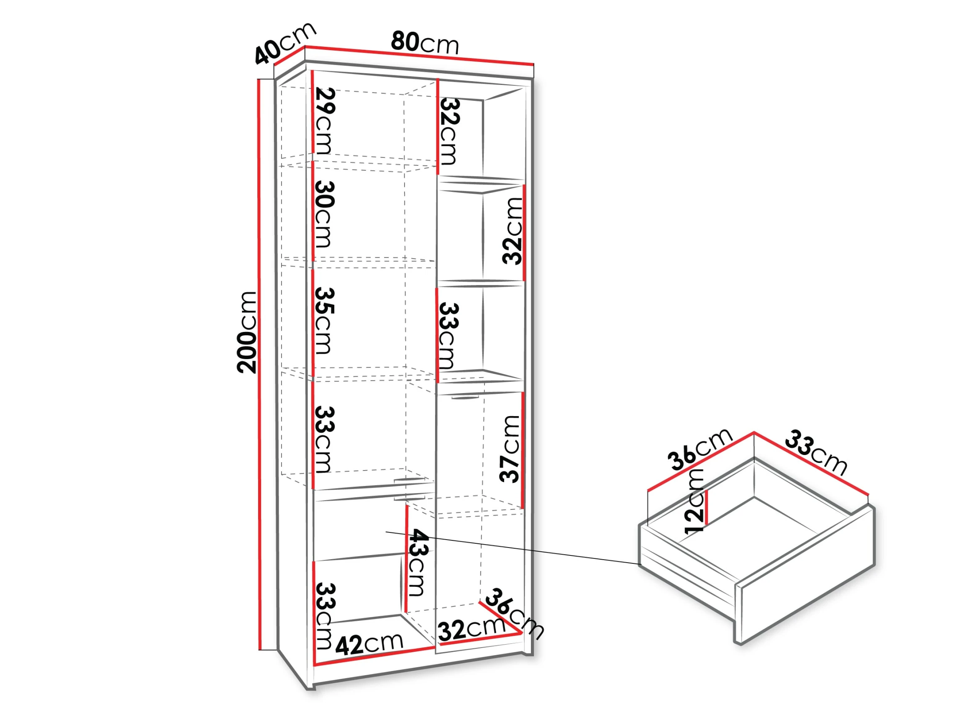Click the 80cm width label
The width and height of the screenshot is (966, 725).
(x=425, y=43)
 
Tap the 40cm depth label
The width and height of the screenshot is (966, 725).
(x=285, y=43)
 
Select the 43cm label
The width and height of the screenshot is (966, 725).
(x=418, y=563)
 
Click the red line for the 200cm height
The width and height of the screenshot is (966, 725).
(x=260, y=365)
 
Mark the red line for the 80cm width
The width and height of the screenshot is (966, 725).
(x=419, y=55)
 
